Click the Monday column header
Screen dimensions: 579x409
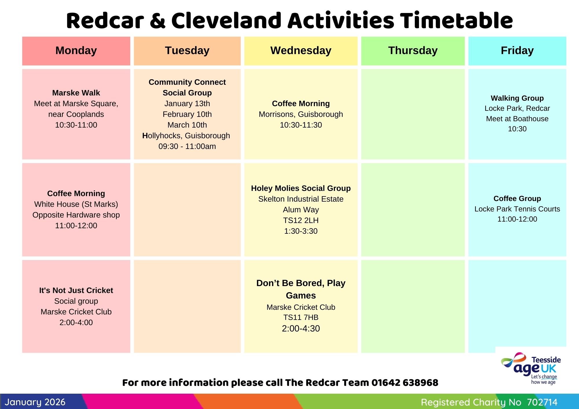pyautogui.click(x=76, y=51)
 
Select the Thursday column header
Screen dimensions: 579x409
pyautogui.click(x=413, y=51)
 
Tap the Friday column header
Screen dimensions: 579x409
pyautogui.click(x=517, y=51)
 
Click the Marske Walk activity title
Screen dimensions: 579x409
pyautogui.click(x=76, y=93)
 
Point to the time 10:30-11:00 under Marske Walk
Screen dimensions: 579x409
pyautogui.click(x=76, y=125)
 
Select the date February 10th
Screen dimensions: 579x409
pyautogui.click(x=187, y=114)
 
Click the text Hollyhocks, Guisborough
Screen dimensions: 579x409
pyautogui.click(x=186, y=136)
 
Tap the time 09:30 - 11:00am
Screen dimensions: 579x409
pyautogui.click(x=187, y=146)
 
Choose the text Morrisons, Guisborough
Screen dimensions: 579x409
pyautogui.click(x=301, y=114)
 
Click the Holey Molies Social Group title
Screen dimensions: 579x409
pyautogui.click(x=301, y=188)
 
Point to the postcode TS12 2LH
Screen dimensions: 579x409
pyautogui.click(x=301, y=220)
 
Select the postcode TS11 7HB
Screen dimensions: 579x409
pyautogui.click(x=301, y=317)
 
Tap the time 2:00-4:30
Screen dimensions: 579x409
pyautogui.click(x=301, y=328)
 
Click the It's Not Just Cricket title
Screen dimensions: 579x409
pyautogui.click(x=76, y=290)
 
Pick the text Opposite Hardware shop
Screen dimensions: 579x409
pyautogui.click(x=76, y=215)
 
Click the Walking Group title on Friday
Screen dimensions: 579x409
pyautogui.click(x=517, y=98)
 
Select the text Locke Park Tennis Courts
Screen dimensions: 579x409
pyautogui.click(x=517, y=209)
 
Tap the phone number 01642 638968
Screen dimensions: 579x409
pyautogui.click(x=405, y=383)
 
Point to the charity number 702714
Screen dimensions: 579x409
pyautogui.click(x=542, y=402)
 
